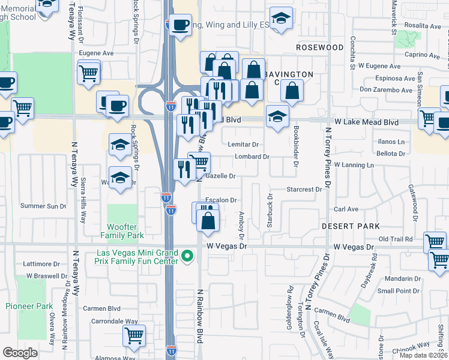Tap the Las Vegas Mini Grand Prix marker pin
pos(187,257)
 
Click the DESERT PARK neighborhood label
pos(351,226)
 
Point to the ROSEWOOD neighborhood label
pos(321,47)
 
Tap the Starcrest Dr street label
pos(304,190)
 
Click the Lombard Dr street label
pos(252,157)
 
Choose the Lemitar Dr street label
pos(243,144)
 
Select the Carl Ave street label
pos(346,209)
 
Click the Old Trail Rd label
pos(396,239)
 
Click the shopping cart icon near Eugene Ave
pos(89,73)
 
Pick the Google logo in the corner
pos(20,353)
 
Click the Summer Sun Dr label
pos(43,206)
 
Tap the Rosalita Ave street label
pos(423,26)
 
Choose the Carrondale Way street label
pos(112,321)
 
